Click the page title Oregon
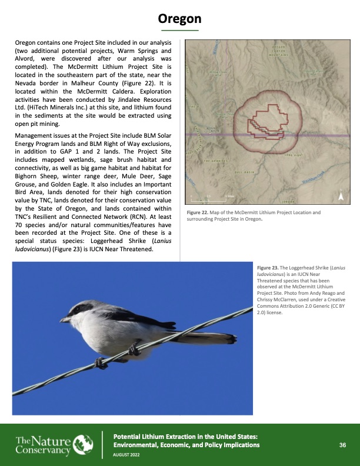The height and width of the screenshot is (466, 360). point(180,19)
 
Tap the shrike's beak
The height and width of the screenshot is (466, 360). point(64,319)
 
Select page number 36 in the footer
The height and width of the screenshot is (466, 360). point(342,445)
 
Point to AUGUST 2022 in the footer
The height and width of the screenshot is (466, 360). point(127,455)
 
